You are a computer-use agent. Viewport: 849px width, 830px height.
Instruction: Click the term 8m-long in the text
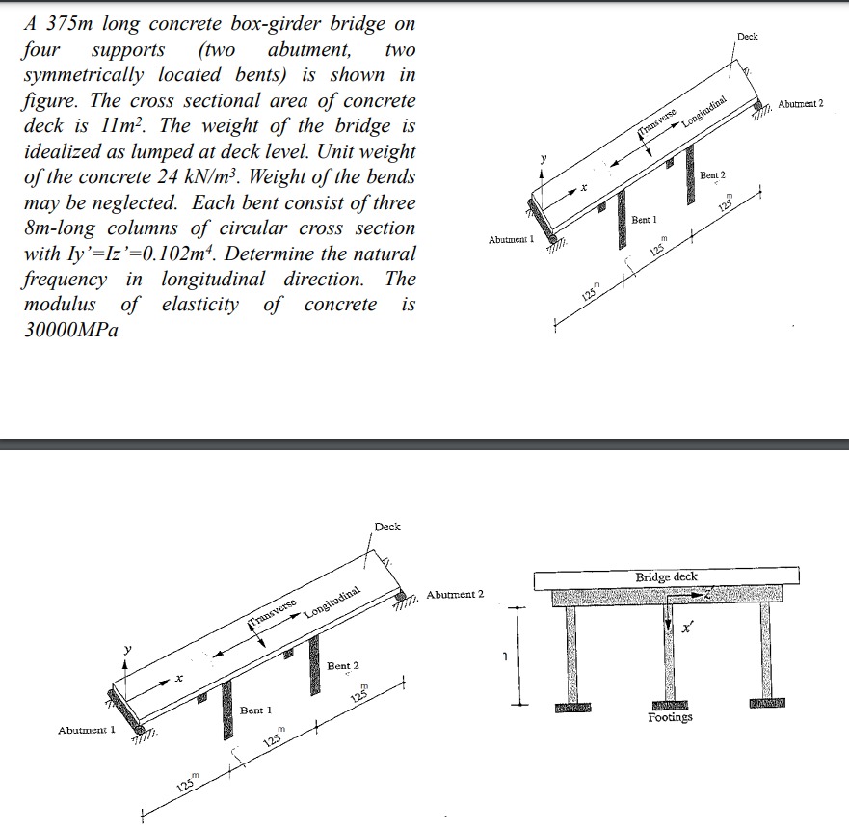point(63,229)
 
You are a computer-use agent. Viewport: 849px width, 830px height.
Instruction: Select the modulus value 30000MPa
point(63,330)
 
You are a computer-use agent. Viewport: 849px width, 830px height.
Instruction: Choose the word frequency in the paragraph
point(63,280)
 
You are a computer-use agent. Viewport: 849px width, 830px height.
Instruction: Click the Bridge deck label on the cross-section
point(666,576)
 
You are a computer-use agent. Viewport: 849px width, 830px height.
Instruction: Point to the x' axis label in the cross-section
point(686,629)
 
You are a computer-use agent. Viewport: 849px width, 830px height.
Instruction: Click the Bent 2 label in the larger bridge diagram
point(342,666)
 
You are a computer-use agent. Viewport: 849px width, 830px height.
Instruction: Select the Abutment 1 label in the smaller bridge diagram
point(86,730)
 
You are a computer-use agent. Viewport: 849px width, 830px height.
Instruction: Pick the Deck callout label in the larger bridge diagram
point(387,527)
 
